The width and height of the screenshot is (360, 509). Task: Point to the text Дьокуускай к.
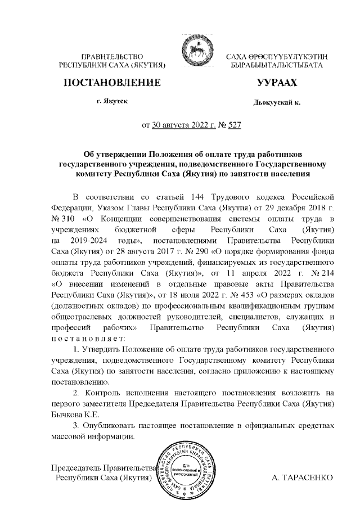(277, 103)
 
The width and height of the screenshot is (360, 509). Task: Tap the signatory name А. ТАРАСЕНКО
(303, 477)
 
